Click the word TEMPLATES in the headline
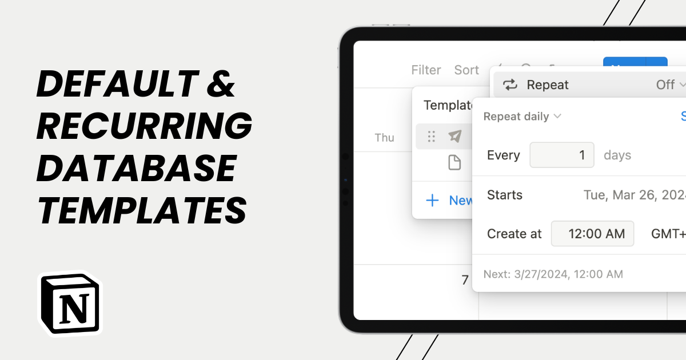[x=142, y=210]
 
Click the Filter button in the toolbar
[x=426, y=70]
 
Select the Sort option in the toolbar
[x=466, y=70]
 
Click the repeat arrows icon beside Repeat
[x=509, y=85]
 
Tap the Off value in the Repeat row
[x=665, y=85]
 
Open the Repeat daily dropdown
[x=522, y=117]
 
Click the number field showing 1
[x=562, y=155]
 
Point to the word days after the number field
[x=617, y=155]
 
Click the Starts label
[x=505, y=195]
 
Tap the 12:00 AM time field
[x=592, y=234]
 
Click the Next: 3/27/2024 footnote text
[x=553, y=274]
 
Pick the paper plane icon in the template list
[x=454, y=136]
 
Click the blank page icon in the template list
[x=454, y=163]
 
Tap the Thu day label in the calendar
[x=384, y=138]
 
